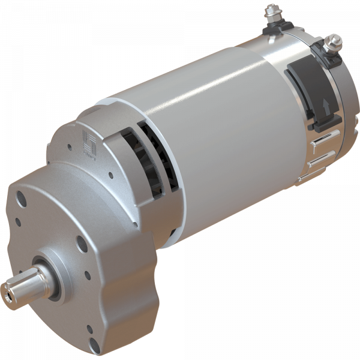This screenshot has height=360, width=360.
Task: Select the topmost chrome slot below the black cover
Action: coord(321,140)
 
